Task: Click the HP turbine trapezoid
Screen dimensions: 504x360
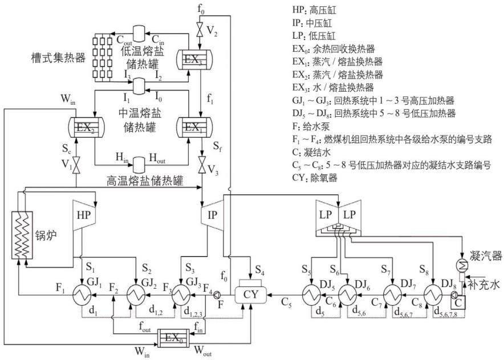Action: pos(84,215)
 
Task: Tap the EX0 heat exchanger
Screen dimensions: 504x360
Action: pos(173,338)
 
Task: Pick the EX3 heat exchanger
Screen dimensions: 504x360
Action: pos(195,59)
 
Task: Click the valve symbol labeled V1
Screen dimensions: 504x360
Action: pos(76,165)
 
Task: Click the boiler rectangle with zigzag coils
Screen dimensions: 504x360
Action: pos(22,235)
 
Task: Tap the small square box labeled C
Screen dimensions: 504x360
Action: pos(458,302)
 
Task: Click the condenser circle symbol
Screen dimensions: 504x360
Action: pos(462,266)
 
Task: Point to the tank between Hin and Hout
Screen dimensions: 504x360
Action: pos(139,162)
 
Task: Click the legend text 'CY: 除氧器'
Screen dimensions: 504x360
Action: pos(315,178)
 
